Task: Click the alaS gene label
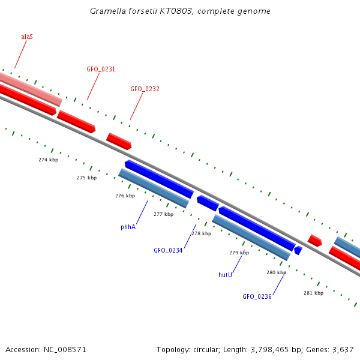pyautogui.click(x=27, y=37)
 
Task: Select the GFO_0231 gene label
pyautogui.click(x=101, y=69)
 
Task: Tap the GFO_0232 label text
pyautogui.click(x=145, y=89)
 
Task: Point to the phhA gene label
pyautogui.click(x=128, y=227)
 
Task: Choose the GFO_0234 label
pyautogui.click(x=168, y=250)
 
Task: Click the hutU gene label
pyautogui.click(x=225, y=274)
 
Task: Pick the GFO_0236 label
pyautogui.click(x=257, y=296)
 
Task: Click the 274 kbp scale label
pyautogui.click(x=48, y=160)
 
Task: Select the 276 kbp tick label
pyautogui.click(x=125, y=196)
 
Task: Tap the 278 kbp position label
pyautogui.click(x=201, y=233)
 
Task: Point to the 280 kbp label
pyautogui.click(x=276, y=272)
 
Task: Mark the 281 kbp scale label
pyautogui.click(x=313, y=293)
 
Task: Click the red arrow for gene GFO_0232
pyautogui.click(x=119, y=141)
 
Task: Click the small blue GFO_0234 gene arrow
pyautogui.click(x=208, y=203)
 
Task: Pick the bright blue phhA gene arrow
pyautogui.click(x=159, y=178)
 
